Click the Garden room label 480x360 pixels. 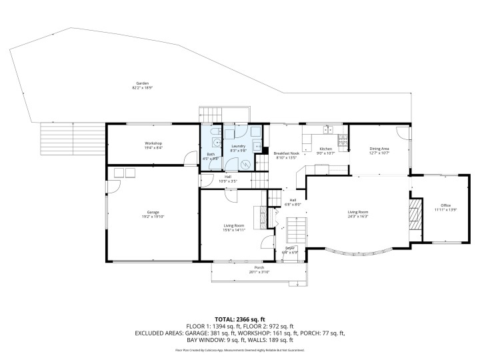point(141,83)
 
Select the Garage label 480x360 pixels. point(153,212)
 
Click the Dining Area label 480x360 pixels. point(379,149)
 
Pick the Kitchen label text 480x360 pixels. point(325,149)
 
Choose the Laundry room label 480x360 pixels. point(238,147)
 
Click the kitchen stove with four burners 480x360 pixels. point(343,139)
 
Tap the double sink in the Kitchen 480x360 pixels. point(328,129)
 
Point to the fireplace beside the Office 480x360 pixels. point(415,213)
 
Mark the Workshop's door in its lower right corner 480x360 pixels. point(191,157)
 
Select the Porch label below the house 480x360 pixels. point(259,268)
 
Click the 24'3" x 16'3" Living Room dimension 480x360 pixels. point(358,217)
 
